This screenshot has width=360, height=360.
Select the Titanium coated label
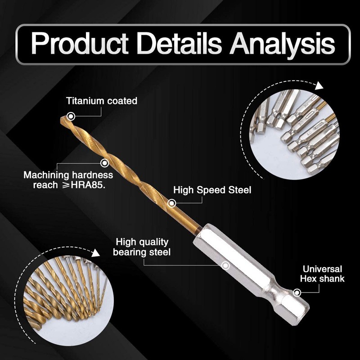pyautogui.click(x=102, y=101)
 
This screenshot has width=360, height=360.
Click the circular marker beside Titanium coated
pyautogui.click(x=70, y=117)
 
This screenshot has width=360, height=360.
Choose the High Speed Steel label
pyautogui.click(x=212, y=190)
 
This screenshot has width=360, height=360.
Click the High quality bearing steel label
pyautogui.click(x=142, y=247)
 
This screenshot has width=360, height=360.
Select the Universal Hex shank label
pyautogui.click(x=323, y=274)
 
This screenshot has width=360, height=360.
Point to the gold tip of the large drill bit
pyautogui.click(x=63, y=119)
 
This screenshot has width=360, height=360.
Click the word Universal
pyautogui.click(x=322, y=269)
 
